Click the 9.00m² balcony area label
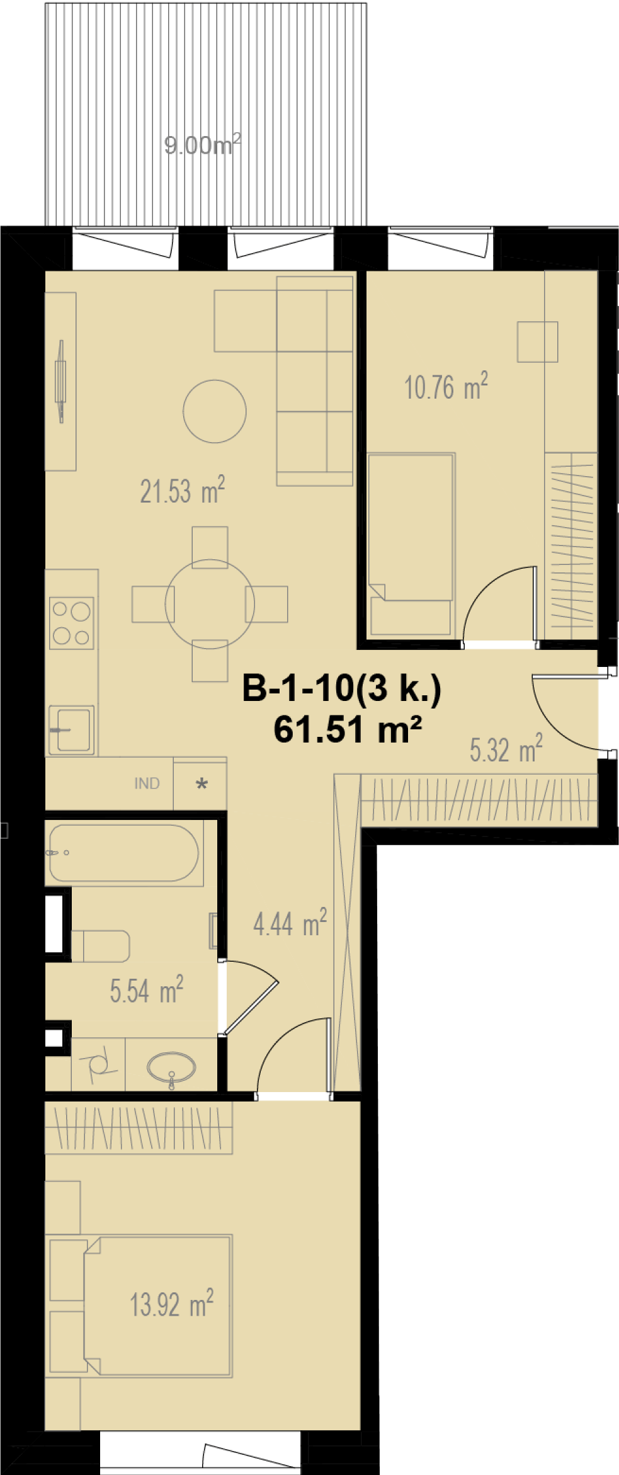[x=203, y=145]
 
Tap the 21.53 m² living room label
[x=183, y=491]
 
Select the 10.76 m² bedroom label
[x=446, y=387]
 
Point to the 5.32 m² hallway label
[x=506, y=749]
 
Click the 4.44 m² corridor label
[x=290, y=923]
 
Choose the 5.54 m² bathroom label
[x=147, y=989]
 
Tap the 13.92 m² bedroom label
[x=172, y=1303]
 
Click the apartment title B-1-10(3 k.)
[x=342, y=688]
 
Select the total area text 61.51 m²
[x=348, y=730]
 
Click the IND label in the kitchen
[x=147, y=783]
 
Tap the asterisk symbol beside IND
[x=202, y=784]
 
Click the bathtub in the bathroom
[x=124, y=853]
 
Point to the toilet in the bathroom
[x=101, y=947]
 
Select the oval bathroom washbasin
[x=171, y=1068]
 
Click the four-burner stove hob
[x=72, y=623]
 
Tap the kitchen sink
[x=72, y=729]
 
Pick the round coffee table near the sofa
[x=215, y=411]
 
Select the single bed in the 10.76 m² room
[x=411, y=544]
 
